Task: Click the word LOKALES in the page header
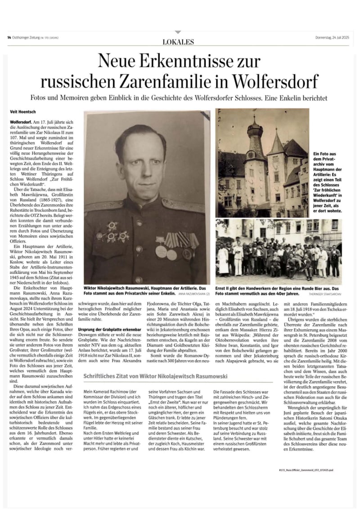coord(178,42)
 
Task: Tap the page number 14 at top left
coord(9,37)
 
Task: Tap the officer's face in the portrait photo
coord(140,158)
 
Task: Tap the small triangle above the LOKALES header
coord(178,32)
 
